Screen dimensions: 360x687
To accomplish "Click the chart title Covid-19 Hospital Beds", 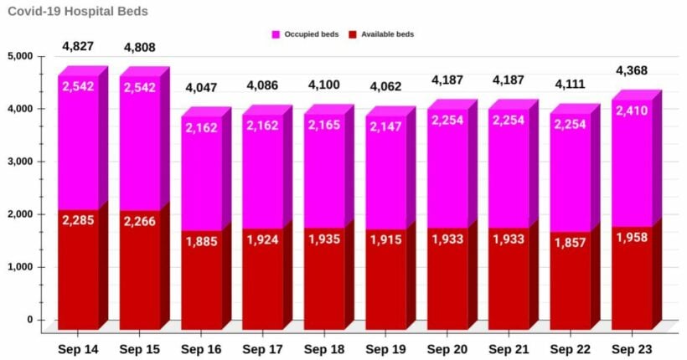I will [x=78, y=12].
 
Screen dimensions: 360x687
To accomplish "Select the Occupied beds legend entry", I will [x=307, y=34].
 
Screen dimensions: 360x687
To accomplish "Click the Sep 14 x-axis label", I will [x=78, y=348].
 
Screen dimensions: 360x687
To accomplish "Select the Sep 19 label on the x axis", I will [x=386, y=348].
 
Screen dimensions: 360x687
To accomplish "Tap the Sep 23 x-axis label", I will [x=633, y=348].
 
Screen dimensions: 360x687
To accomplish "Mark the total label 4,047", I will [x=201, y=86].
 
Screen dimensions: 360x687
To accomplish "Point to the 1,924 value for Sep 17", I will [x=263, y=240].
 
